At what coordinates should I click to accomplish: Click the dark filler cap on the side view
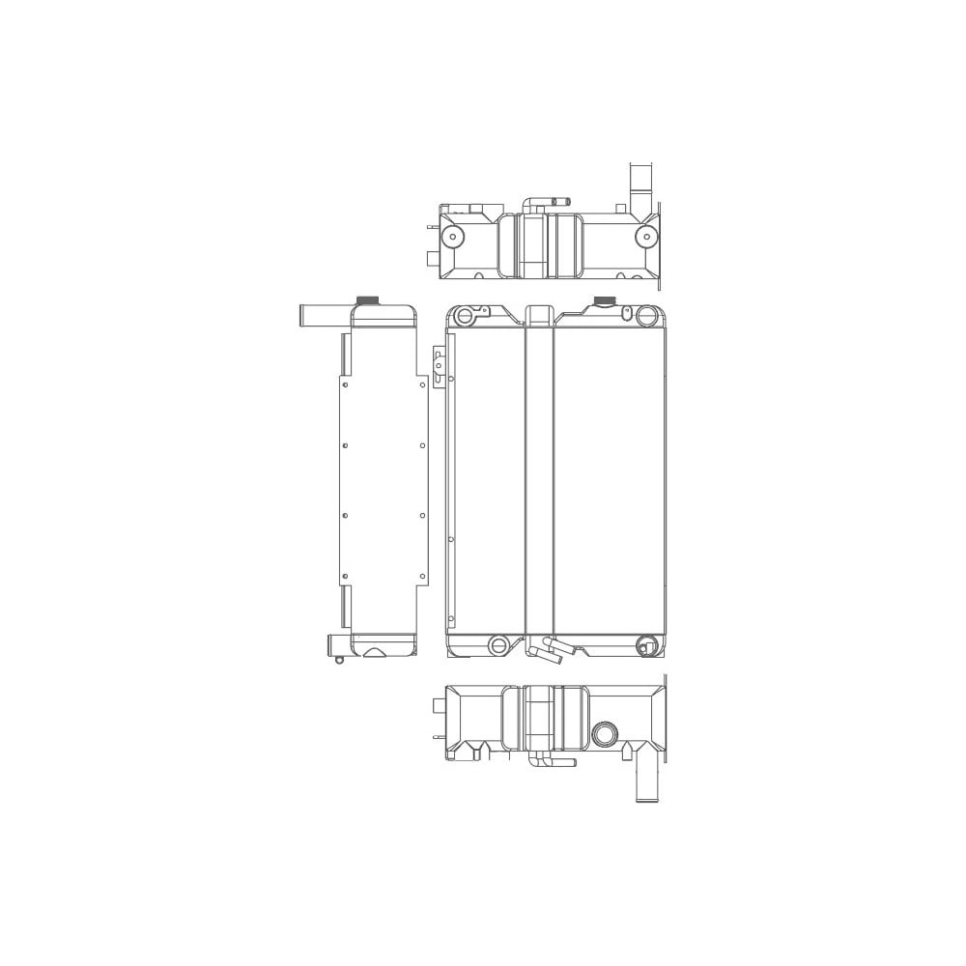(368, 299)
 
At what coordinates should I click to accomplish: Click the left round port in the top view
(451, 236)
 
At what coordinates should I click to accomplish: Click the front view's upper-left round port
(466, 316)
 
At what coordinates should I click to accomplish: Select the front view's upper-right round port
(646, 315)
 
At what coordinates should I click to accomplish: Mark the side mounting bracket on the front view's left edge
(439, 367)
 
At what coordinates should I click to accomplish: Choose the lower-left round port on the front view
(498, 645)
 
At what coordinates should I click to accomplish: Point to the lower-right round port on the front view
(647, 645)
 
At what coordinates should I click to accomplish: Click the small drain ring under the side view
(339, 660)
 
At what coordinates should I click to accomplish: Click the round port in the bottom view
(606, 734)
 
